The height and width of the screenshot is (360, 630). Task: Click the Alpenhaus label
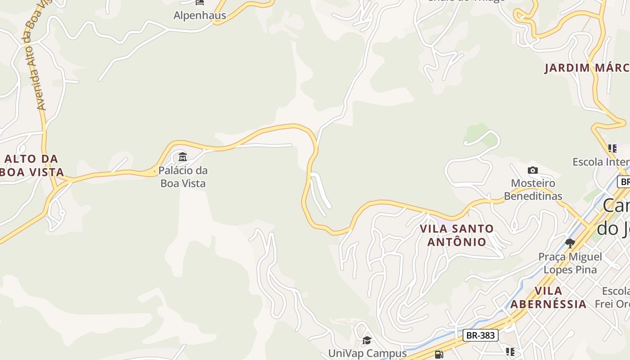[200, 16]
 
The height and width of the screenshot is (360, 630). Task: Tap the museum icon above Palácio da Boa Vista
[183, 157]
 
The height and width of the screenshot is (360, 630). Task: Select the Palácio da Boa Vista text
[183, 177]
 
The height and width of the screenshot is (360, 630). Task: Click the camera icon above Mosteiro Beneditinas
[533, 170]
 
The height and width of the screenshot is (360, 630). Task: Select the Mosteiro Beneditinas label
[533, 189]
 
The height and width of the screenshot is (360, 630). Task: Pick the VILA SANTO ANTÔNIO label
[457, 235]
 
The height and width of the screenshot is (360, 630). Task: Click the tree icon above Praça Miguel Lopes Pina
[570, 243]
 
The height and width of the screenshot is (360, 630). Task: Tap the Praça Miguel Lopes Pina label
[570, 263]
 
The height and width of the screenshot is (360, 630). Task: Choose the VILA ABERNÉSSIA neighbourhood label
[549, 297]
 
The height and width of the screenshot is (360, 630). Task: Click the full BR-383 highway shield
[481, 335]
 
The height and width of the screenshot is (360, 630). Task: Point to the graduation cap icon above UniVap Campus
[367, 340]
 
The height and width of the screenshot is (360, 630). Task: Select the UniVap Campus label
[367, 353]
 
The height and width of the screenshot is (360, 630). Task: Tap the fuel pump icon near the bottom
[439, 355]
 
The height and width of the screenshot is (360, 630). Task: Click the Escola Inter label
[601, 162]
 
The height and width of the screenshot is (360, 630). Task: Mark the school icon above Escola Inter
[612, 148]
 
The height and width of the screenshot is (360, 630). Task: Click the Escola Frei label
[612, 297]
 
